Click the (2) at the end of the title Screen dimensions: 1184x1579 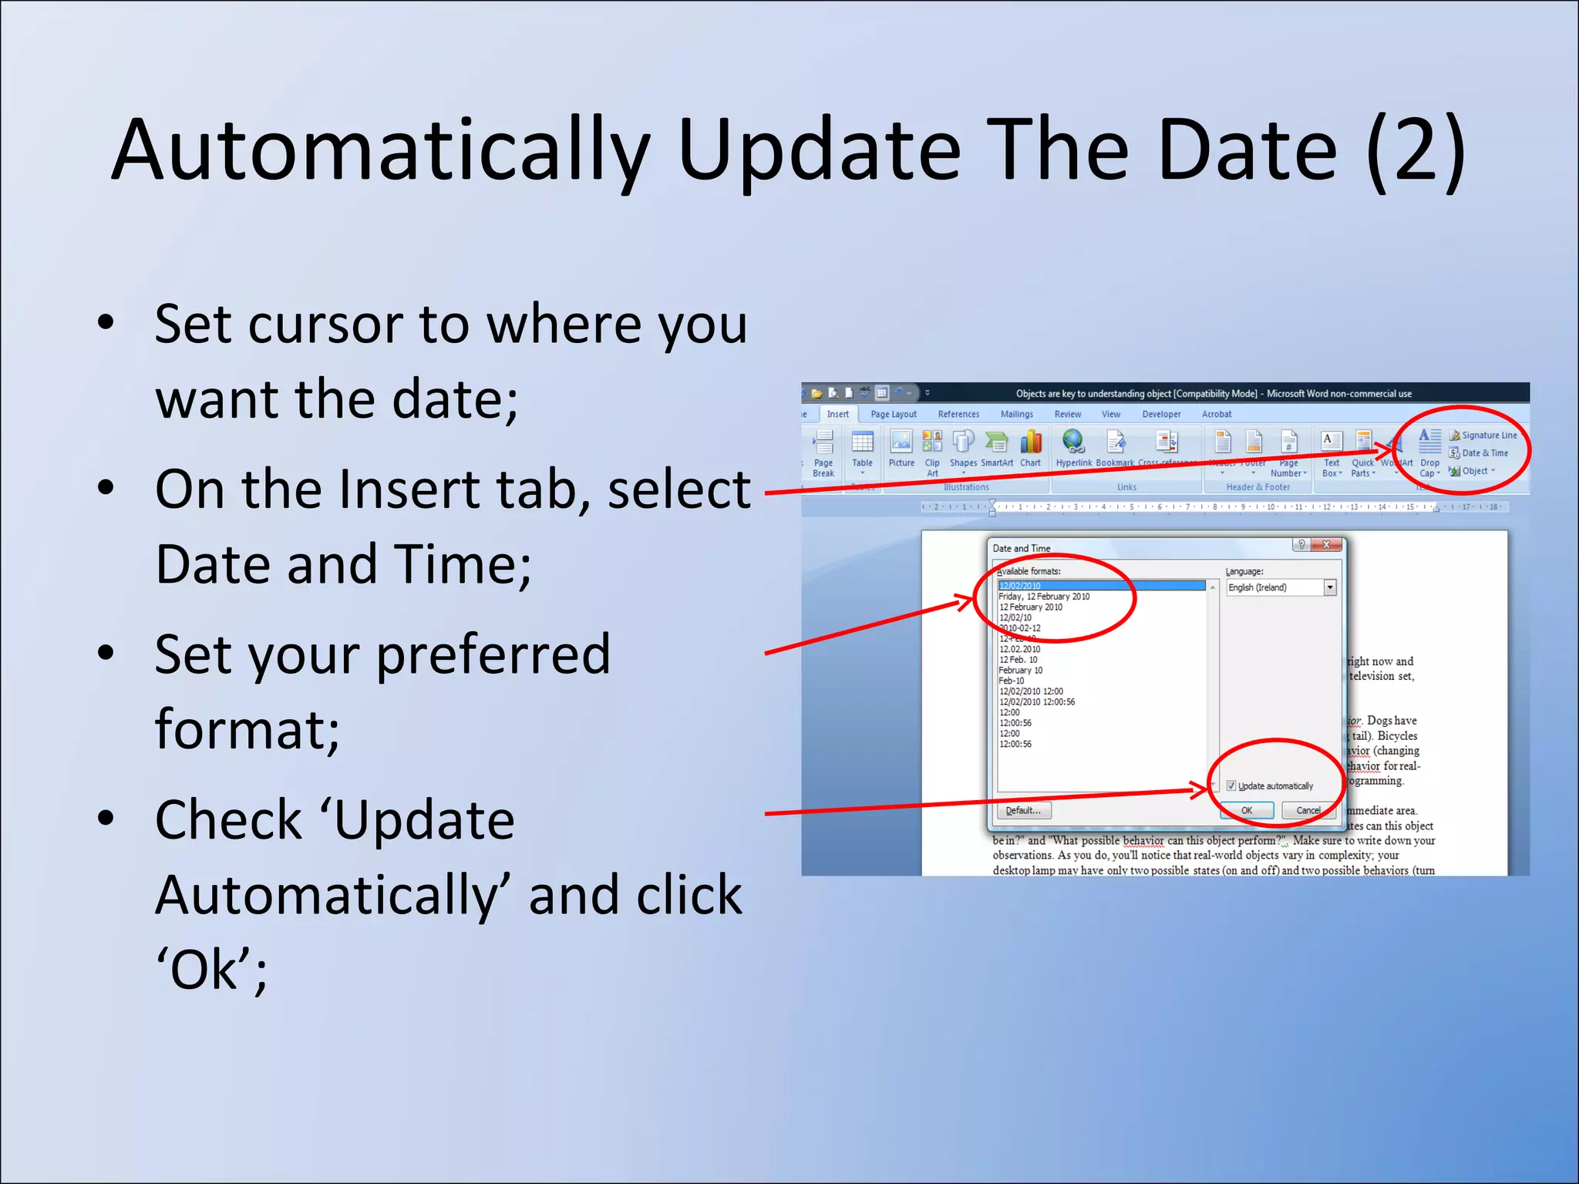[x=1415, y=150]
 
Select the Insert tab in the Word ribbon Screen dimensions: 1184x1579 [x=837, y=415]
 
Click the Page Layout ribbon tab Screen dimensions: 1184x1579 [x=893, y=415]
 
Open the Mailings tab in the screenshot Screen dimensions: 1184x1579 [x=1016, y=415]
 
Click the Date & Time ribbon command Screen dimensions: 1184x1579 [x=1483, y=453]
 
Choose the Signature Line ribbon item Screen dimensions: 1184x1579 [x=1488, y=436]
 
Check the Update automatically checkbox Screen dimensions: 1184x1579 [x=1231, y=785]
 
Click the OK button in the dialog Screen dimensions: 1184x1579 [x=1246, y=810]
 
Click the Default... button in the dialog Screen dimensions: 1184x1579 [x=1023, y=810]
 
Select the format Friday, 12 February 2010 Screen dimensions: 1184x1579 [x=1044, y=597]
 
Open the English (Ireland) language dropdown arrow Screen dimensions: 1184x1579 [x=1330, y=587]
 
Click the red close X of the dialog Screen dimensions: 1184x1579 [x=1327, y=545]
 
